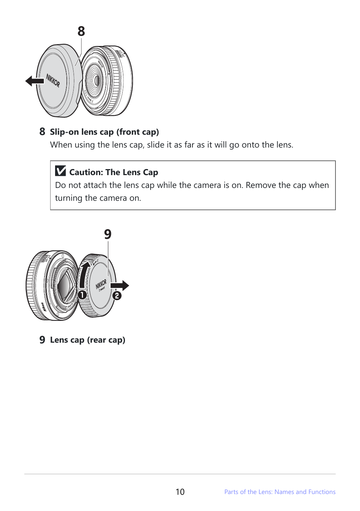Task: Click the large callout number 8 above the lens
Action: [81, 31]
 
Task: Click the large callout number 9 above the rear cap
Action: [108, 234]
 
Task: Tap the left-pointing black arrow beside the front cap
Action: [34, 81]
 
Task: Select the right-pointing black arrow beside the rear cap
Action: [121, 286]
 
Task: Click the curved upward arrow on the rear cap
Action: [84, 274]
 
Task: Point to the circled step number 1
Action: [82, 295]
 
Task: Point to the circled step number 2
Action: [117, 296]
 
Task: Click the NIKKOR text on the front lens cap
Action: [53, 80]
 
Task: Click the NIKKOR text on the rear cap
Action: [101, 284]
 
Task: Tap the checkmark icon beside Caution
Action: [60, 171]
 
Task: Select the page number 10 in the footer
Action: [180, 492]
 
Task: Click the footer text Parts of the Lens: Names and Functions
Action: [280, 492]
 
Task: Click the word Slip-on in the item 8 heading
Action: [64, 132]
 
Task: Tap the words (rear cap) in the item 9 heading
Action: [106, 340]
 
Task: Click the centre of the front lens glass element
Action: [97, 80]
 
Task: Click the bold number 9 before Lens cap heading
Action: [42, 340]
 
